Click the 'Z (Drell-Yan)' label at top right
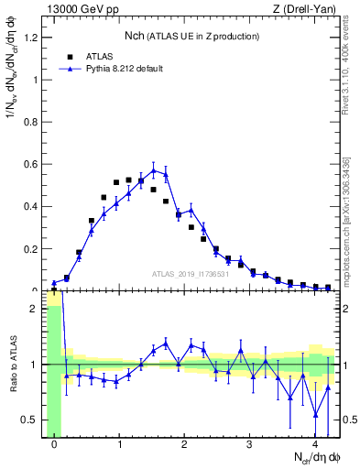point(306,9)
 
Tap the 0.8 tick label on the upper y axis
point(31,122)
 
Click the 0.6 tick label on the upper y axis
point(31,164)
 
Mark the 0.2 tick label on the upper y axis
point(31,248)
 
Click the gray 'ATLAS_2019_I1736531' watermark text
point(190,274)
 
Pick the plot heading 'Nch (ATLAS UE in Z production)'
point(191,36)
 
